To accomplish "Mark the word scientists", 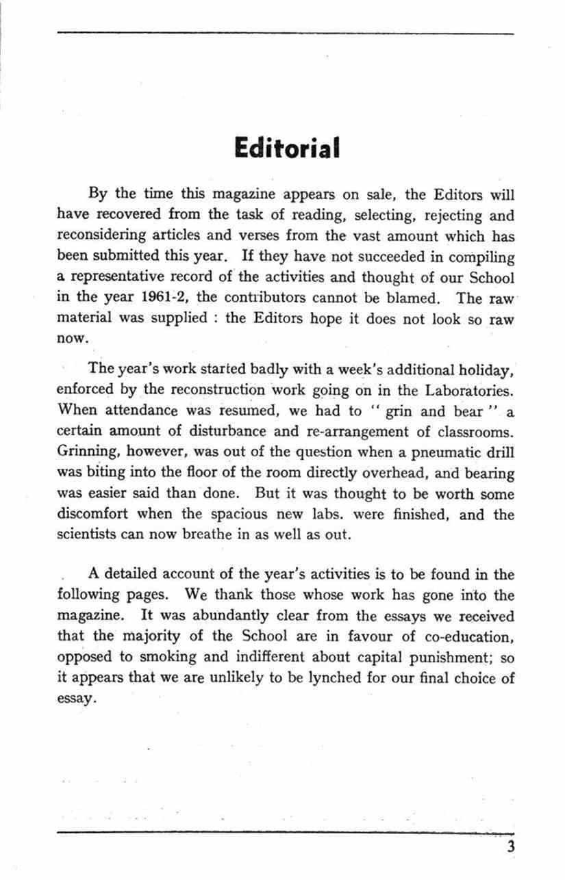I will [85, 534].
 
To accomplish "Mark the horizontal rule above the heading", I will [285, 32].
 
